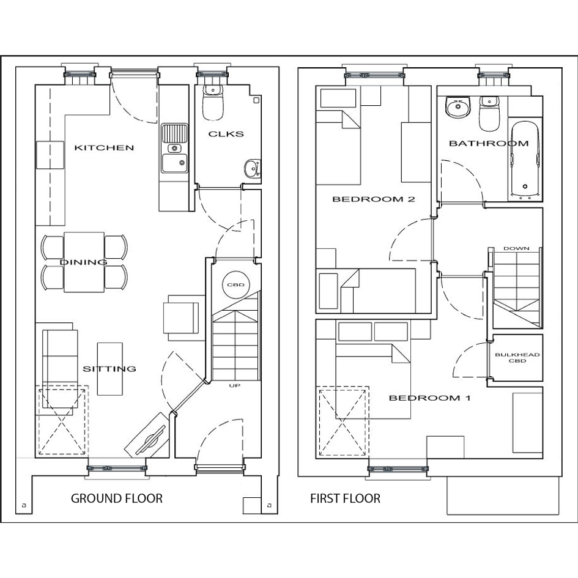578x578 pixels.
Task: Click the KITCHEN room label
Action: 104,148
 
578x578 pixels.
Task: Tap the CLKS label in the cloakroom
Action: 226,134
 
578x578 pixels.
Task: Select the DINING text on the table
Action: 84,262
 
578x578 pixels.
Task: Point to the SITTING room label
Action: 109,369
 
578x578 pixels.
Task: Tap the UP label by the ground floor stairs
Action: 234,385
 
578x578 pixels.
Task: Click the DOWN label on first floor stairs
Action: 516,248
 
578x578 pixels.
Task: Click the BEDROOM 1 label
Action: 429,398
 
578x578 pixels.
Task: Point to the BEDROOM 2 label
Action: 374,199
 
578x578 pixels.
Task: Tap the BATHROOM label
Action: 489,143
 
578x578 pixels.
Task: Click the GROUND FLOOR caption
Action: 116,498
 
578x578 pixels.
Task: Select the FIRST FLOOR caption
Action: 345,498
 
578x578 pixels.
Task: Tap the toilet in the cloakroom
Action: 213,103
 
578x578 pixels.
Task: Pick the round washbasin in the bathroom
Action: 458,107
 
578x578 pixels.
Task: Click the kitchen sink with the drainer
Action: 174,148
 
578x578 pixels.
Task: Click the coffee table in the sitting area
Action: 110,369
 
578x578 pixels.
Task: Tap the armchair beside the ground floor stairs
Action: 183,317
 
